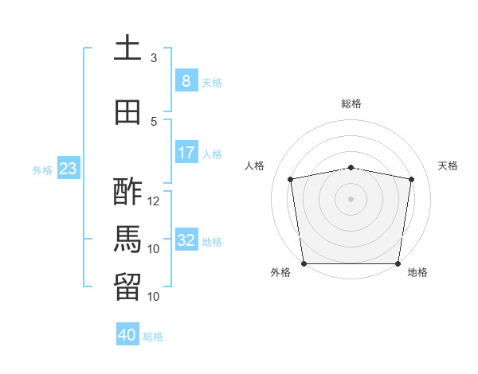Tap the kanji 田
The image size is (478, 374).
click(127, 113)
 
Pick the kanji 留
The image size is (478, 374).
click(127, 287)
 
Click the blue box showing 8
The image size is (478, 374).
click(186, 80)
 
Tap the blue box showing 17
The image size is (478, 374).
click(186, 153)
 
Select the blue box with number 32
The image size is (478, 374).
click(186, 240)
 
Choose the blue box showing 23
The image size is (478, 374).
click(68, 169)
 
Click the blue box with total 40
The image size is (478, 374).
click(127, 335)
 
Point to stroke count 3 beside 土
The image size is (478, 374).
click(154, 58)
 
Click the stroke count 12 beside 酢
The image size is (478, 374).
click(154, 201)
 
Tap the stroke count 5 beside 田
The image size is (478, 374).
click(154, 122)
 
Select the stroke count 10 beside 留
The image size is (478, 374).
click(154, 297)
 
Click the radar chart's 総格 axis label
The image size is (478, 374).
click(351, 103)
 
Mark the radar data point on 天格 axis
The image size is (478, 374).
click(412, 180)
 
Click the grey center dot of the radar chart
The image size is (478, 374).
click(351, 199)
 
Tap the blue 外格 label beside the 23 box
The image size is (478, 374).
click(41, 169)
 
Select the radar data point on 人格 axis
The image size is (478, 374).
click(291, 179)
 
